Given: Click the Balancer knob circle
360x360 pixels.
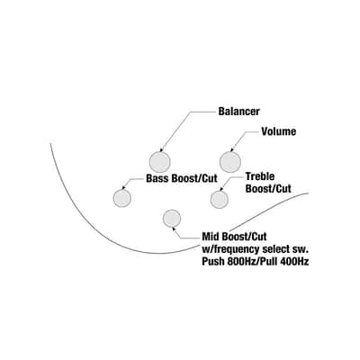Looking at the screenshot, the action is coord(160,162).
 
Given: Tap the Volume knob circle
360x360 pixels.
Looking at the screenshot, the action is coord(230,162).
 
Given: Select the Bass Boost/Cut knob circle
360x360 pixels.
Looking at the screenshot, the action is coord(122,198).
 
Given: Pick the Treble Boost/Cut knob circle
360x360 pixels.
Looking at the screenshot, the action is coord(220,199).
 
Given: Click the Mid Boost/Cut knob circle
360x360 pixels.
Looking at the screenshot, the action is coord(172,219).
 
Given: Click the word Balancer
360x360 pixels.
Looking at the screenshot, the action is coord(238,112).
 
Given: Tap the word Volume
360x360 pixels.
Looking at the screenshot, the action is coord(279,131).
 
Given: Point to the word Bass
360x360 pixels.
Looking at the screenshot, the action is coord(157,178).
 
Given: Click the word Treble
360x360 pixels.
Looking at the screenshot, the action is coord(260,176).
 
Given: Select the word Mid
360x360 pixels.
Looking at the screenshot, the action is coord(211,237).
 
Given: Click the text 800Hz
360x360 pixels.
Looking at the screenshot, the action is coord(241,261).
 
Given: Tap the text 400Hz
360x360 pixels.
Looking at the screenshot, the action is coord(294,261).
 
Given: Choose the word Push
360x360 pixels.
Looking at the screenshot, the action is coord(213,261).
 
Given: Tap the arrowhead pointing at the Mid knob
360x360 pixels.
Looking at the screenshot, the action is coord(172,229).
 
